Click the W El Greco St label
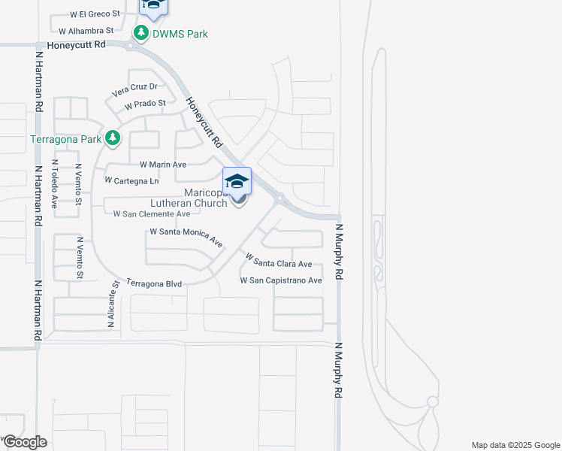[x=95, y=14]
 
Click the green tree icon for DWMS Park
[x=140, y=33]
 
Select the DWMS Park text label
[x=180, y=34]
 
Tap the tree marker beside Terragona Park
[x=113, y=138]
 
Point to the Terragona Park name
[x=65, y=139]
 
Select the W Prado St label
[x=146, y=103]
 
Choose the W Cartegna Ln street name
[x=132, y=180]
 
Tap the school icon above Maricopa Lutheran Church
[x=237, y=181]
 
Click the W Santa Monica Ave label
[x=186, y=238]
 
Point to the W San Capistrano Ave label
[x=281, y=280]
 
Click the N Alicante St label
[x=113, y=305]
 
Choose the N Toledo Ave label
[x=54, y=183]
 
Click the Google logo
[x=24, y=442]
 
